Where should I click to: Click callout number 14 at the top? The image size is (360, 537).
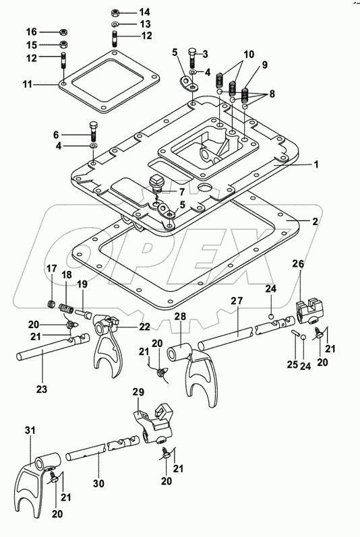(x=144, y=12)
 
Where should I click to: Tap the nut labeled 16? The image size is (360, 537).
(x=63, y=32)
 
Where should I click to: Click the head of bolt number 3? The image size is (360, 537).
(x=192, y=52)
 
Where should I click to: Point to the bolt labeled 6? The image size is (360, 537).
(x=94, y=131)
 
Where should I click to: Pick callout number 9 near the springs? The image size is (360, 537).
(x=265, y=65)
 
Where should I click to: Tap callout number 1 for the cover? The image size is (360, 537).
(x=316, y=164)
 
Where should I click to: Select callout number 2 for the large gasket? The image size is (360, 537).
(x=315, y=222)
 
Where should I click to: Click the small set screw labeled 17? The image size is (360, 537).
(x=51, y=303)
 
